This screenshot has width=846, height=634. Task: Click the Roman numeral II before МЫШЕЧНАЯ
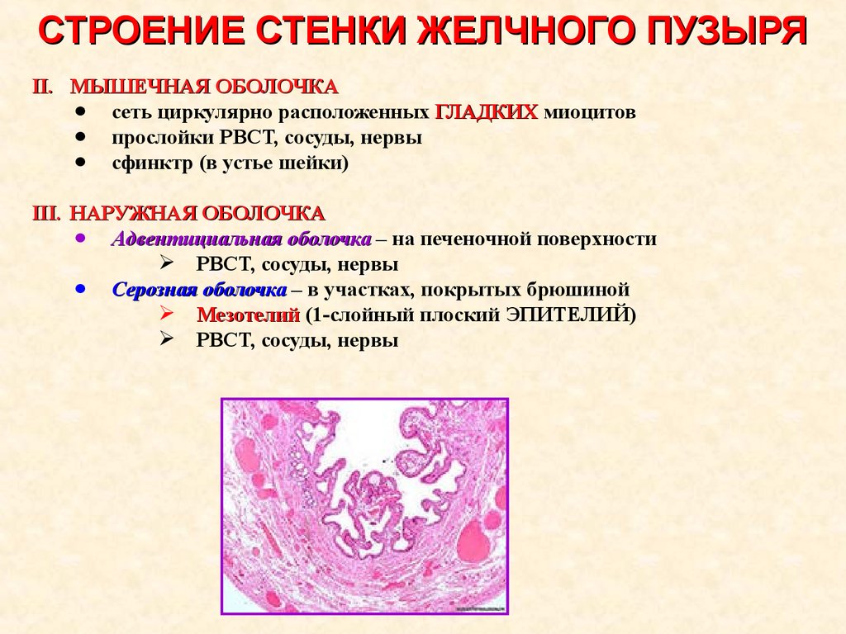(x=43, y=87)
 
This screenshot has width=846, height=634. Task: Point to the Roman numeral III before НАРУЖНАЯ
(x=46, y=214)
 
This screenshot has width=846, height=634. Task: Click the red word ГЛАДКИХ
(x=486, y=112)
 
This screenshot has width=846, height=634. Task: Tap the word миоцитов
(x=590, y=112)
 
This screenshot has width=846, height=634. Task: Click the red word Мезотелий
(x=248, y=315)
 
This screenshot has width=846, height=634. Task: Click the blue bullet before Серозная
(x=81, y=289)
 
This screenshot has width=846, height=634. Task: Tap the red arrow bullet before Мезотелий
(x=167, y=313)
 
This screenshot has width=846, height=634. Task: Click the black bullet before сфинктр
(x=81, y=162)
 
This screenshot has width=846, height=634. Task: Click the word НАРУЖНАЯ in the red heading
(x=133, y=214)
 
